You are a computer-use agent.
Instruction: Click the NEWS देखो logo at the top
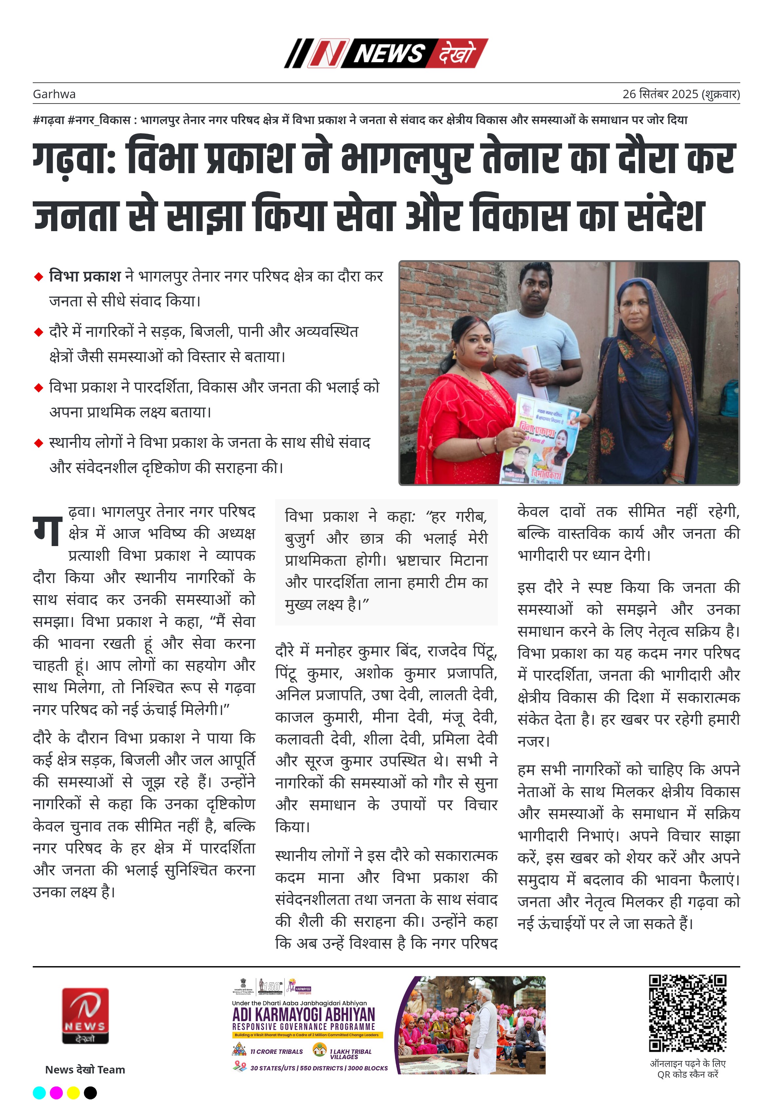(386, 53)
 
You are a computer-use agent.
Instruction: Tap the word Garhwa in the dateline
(54, 94)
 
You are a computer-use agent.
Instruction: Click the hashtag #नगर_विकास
(99, 120)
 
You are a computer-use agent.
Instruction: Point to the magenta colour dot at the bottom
(56, 1092)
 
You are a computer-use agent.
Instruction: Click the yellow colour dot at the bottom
(73, 1092)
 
